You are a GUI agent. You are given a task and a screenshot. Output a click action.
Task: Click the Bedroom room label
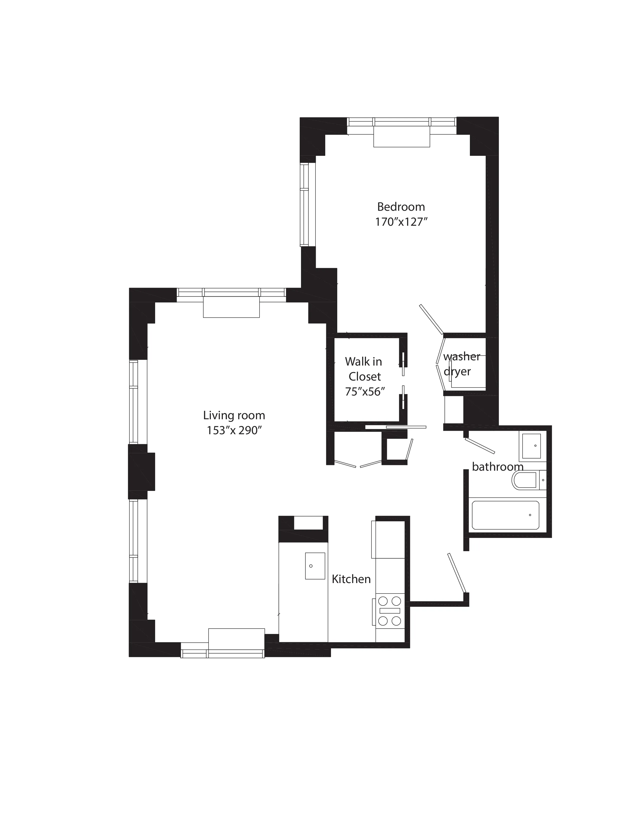click(x=401, y=207)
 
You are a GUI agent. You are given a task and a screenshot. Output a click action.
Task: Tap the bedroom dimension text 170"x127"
click(x=401, y=222)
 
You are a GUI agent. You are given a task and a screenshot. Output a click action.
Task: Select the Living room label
click(x=234, y=415)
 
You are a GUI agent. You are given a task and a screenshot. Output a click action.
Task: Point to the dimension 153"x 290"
click(x=234, y=430)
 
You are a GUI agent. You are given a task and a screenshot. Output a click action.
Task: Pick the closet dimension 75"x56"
click(x=364, y=392)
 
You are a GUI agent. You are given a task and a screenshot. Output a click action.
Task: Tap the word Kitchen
click(x=351, y=579)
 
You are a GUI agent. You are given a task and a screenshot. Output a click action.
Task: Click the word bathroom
click(x=497, y=467)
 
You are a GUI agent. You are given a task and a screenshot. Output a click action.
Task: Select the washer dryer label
click(x=461, y=364)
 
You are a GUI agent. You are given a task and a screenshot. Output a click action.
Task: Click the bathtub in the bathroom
click(x=506, y=515)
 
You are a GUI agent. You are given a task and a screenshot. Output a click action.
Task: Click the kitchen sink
click(x=315, y=566)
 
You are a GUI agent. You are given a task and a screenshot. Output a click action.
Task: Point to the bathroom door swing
click(x=480, y=445)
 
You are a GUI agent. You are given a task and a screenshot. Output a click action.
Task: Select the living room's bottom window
click(x=223, y=653)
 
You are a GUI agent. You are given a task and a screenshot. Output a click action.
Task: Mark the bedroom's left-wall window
click(x=305, y=205)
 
